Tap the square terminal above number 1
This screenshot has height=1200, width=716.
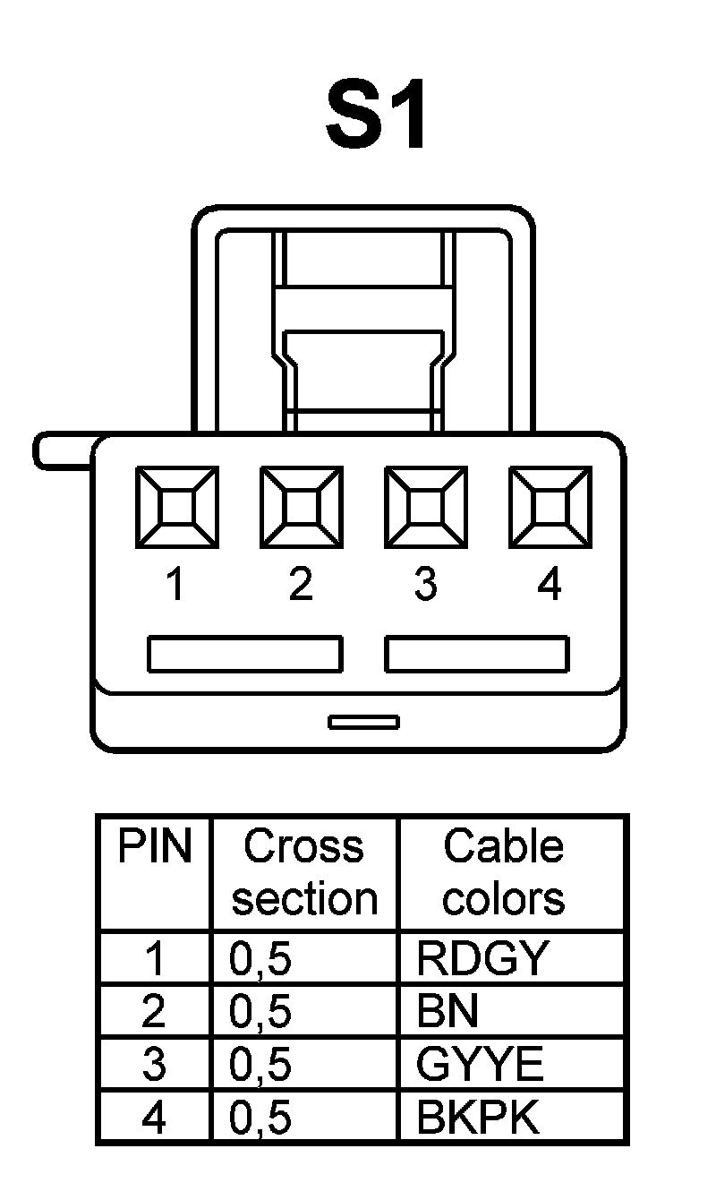176,507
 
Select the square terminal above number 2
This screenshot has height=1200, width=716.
301,507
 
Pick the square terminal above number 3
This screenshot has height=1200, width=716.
425,507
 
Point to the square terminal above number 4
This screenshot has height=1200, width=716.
550,507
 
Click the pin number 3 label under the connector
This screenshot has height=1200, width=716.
425,585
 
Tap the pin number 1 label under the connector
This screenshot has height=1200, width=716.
175,585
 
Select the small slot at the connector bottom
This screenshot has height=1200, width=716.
363,722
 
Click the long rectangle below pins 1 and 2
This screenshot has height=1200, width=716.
244,654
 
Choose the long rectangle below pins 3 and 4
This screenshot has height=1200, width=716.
476,654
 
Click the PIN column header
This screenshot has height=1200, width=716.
155,847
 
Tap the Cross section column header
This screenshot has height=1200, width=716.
304,873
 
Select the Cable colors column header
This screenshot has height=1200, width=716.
504,873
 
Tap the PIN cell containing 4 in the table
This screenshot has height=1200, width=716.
154,1119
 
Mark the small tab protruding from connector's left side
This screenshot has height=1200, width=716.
63,450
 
